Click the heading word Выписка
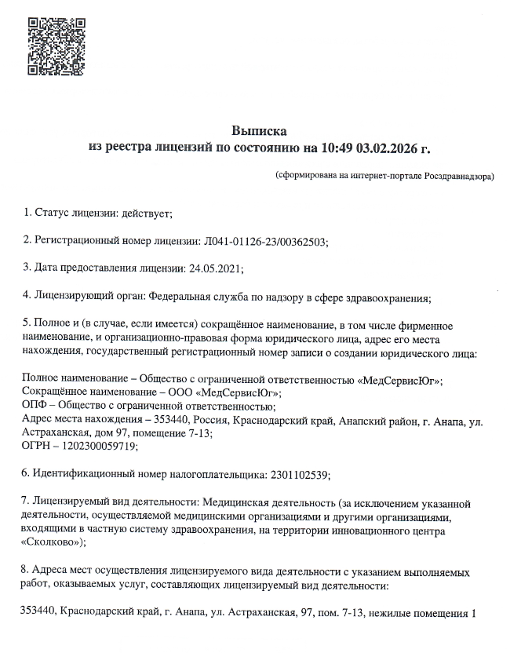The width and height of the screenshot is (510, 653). point(260,130)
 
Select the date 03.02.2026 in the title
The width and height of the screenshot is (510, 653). point(388,147)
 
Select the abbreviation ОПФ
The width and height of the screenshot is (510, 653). point(35,406)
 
